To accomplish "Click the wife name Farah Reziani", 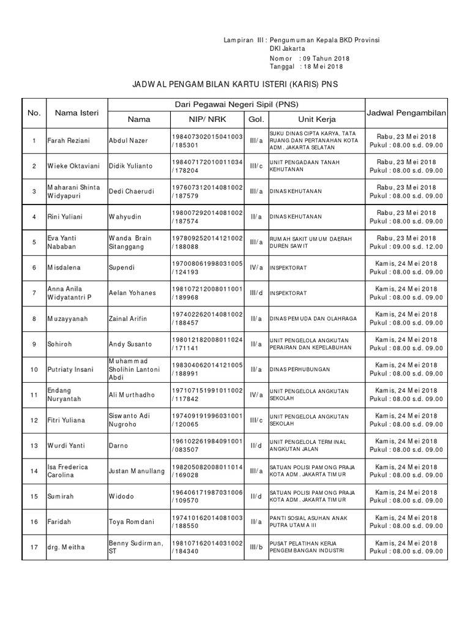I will (68, 141).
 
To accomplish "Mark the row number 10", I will (34, 369).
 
